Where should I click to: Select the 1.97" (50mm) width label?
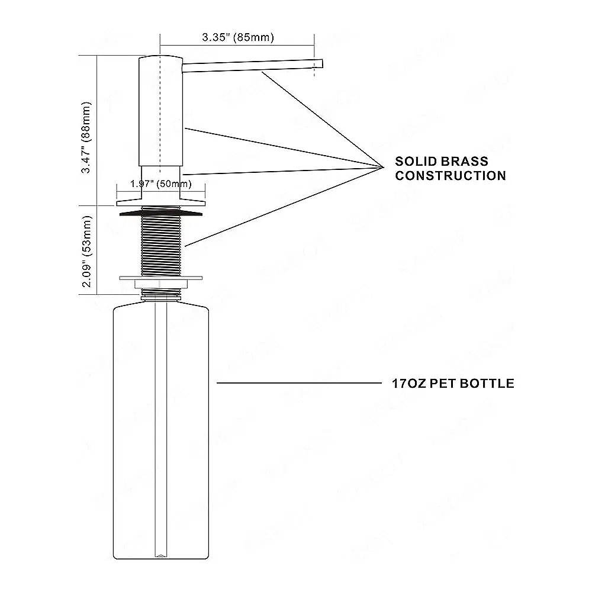coord(160,184)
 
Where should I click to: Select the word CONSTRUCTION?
coord(451,176)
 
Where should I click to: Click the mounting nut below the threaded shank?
coord(160,277)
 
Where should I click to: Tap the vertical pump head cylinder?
coord(160,112)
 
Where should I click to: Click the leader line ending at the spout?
coord(320,118)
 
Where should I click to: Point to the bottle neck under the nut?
coord(160,292)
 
